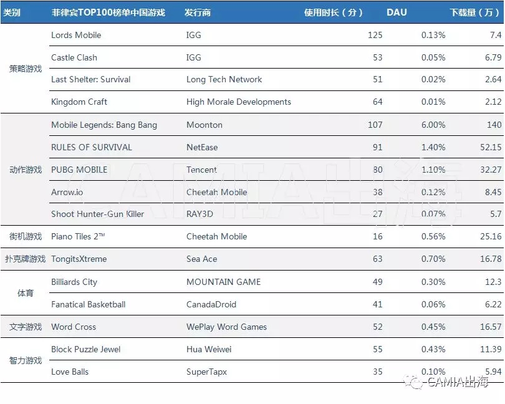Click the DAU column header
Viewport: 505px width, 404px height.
tap(397, 12)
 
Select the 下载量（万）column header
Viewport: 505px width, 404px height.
tap(475, 12)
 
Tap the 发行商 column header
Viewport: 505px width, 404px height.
tap(198, 12)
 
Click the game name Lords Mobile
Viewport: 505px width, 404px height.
tap(76, 35)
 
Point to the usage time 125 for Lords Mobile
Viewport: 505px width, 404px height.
tap(375, 35)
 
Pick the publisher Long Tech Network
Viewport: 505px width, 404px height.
tap(224, 79)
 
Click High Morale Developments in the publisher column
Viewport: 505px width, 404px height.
tap(238, 102)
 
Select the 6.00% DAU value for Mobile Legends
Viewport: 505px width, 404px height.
tap(433, 125)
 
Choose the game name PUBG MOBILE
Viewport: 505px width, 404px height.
tap(79, 170)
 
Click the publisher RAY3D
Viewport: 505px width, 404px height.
tap(200, 214)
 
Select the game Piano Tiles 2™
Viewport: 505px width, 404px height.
tap(78, 236)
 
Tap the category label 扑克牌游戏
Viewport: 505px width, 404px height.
tap(25, 259)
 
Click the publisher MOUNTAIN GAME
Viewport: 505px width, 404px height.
tap(223, 282)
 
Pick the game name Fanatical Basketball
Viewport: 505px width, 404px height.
tap(88, 304)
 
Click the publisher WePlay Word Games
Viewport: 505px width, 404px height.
tap(226, 327)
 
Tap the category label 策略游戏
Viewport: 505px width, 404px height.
tap(25, 69)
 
